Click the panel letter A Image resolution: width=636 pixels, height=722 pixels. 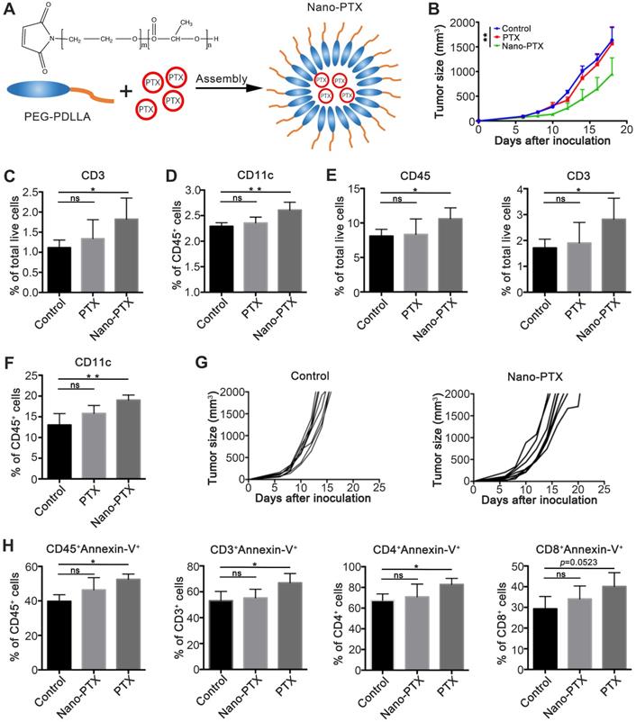pos(10,11)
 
